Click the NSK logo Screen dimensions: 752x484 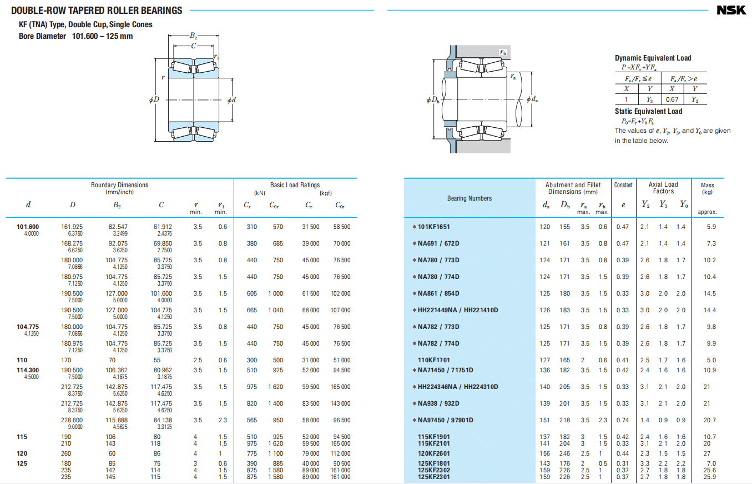(731, 10)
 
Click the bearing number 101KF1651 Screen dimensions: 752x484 (434, 227)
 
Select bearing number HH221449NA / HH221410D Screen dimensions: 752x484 (458, 310)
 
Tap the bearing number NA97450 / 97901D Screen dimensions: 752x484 (446, 420)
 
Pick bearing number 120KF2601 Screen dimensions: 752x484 (434, 453)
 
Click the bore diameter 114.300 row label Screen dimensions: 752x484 (28, 370)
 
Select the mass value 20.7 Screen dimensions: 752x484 (710, 420)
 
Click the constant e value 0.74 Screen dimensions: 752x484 (623, 420)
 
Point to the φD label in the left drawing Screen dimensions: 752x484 (154, 99)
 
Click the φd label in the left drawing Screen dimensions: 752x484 (231, 100)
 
